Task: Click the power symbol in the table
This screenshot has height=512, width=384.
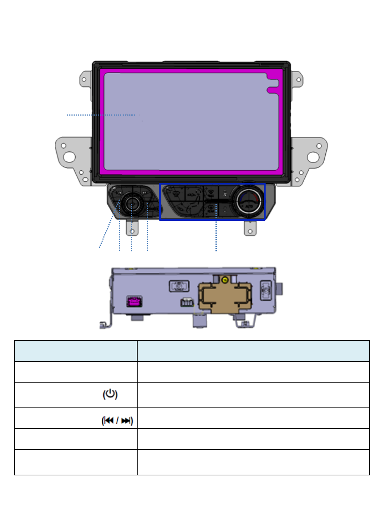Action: click(110, 394)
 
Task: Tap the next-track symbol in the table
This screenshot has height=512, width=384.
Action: click(126, 421)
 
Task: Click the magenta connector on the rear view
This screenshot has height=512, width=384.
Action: click(134, 302)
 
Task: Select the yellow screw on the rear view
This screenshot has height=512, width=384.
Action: click(225, 280)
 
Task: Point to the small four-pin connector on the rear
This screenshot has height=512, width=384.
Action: click(187, 302)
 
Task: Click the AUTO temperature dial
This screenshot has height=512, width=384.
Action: click(249, 201)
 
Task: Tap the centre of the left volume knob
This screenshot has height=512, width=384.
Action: click(132, 204)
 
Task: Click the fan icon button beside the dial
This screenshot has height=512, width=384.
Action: click(225, 194)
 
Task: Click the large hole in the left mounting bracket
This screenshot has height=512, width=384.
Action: click(69, 157)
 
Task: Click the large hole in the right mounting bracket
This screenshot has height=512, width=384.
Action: click(313, 157)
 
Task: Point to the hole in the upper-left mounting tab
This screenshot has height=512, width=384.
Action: click(84, 79)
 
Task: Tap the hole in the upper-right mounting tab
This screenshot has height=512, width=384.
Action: click(299, 80)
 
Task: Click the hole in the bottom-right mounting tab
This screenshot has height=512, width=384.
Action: click(250, 231)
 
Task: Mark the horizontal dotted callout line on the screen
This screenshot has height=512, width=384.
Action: click(101, 115)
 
